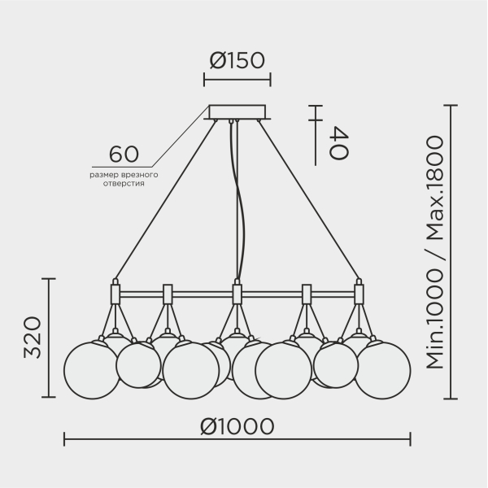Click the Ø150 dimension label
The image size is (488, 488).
click(x=237, y=60)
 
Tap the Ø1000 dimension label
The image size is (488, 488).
click(x=237, y=426)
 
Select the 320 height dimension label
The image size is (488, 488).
click(x=33, y=338)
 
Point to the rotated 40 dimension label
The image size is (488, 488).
click(x=338, y=143)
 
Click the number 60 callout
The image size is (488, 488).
click(x=124, y=154)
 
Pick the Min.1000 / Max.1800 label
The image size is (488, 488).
click(x=434, y=252)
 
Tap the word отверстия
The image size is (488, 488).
click(x=124, y=184)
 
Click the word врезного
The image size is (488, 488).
click(x=141, y=175)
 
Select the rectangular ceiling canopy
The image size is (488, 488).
click(x=237, y=112)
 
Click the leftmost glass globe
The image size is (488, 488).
click(x=92, y=370)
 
